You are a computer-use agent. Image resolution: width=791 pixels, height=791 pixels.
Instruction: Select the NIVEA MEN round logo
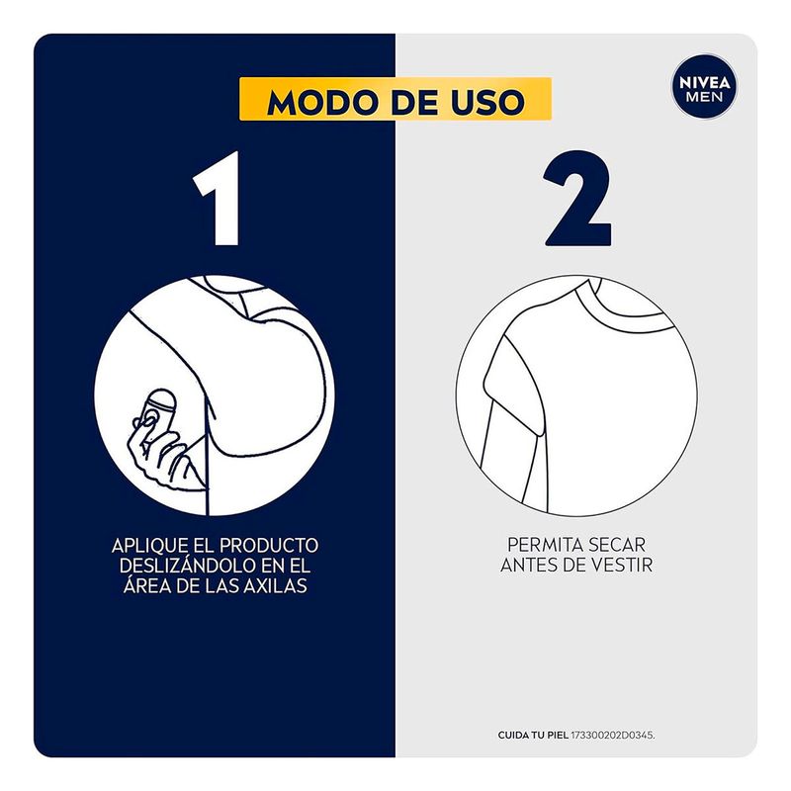704,87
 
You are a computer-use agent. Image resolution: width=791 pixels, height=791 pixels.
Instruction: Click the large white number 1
218,199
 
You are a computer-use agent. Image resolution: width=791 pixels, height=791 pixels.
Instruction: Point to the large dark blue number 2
578,199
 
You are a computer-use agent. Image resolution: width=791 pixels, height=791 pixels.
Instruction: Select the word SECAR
617,545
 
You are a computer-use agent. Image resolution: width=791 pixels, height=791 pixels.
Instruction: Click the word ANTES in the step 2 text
527,565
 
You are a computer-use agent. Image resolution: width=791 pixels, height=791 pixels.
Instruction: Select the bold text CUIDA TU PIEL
533,735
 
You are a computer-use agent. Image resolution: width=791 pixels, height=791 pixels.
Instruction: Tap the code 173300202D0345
612,735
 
